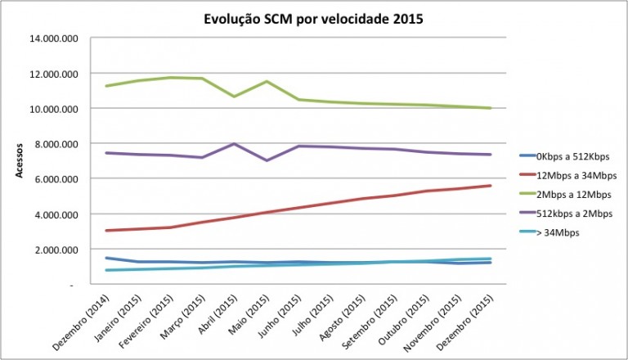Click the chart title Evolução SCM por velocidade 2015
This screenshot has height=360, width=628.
point(314,19)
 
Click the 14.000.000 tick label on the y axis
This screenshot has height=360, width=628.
point(54,38)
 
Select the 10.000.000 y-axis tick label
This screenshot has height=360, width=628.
point(54,109)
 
